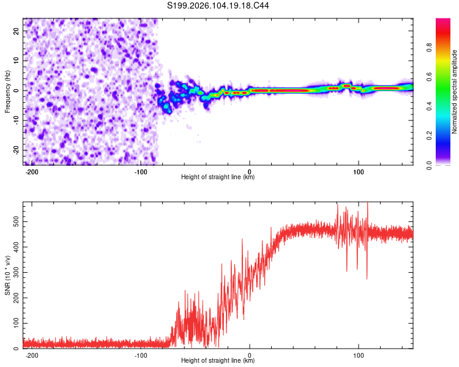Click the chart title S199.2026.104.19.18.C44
tap(218, 6)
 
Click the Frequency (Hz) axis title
tap(7, 92)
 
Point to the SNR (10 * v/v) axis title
tap(7, 275)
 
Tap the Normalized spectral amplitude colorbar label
tap(454, 92)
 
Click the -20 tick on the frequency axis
tap(15, 150)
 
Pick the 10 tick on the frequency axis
tap(17, 61)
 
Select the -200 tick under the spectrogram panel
tap(32, 172)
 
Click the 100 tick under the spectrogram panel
tap(358, 172)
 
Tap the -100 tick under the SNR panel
tap(141, 355)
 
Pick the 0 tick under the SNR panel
tap(250, 355)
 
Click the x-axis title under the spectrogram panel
tap(218, 177)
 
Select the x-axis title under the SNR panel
tap(218, 361)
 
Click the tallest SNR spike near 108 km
tap(367, 203)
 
